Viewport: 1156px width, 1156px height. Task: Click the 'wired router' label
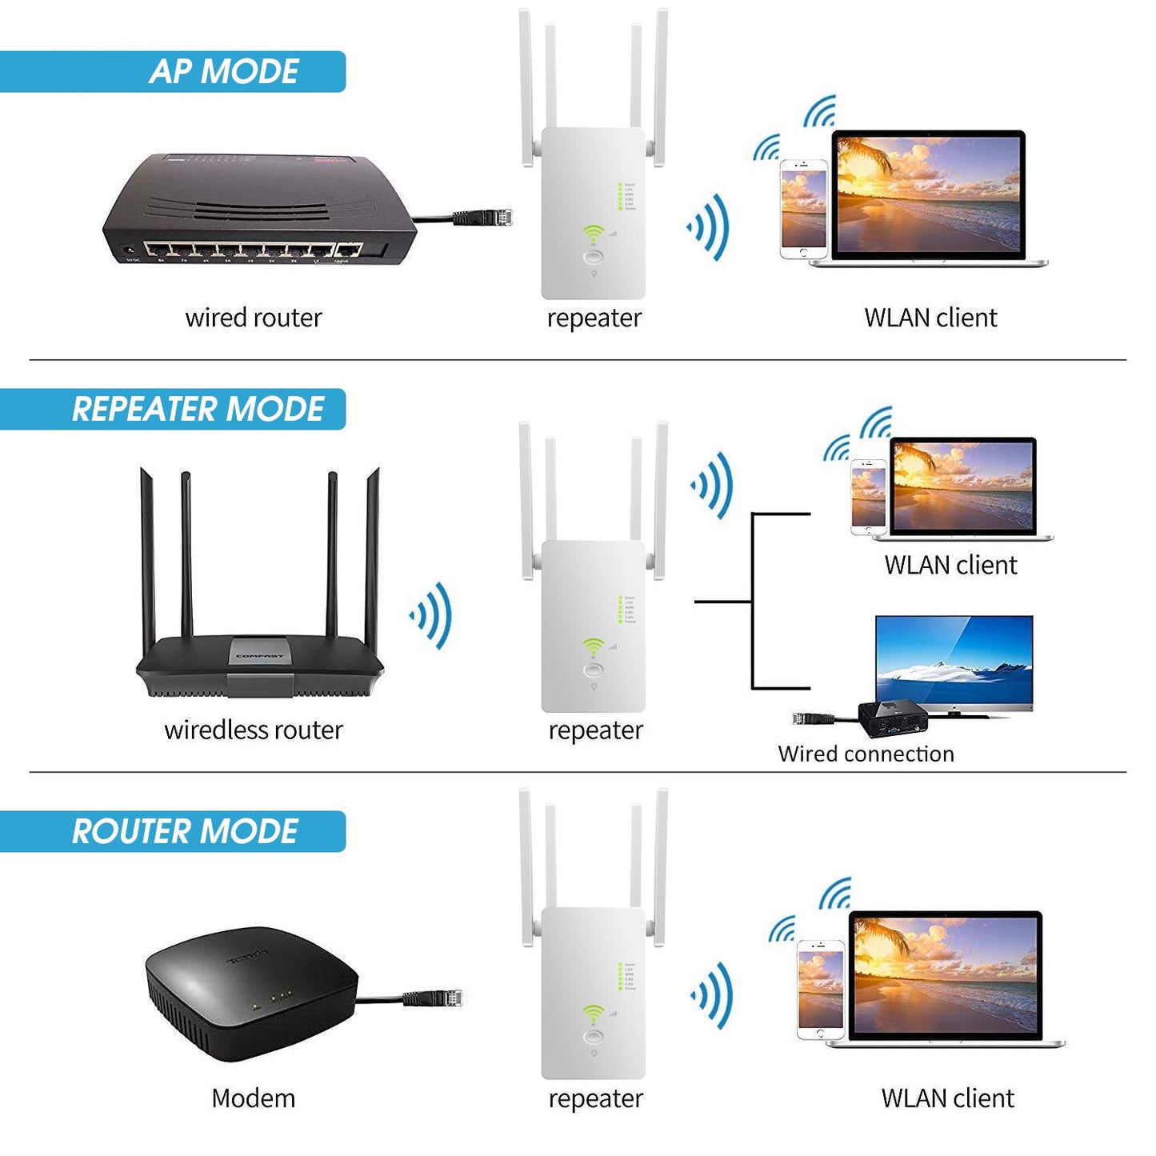pos(253,318)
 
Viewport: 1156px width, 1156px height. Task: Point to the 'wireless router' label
pos(253,730)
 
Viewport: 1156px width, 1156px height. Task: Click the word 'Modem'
pos(253,1098)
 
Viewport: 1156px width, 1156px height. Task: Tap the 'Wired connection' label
pos(866,754)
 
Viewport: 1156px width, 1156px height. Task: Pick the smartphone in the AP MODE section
pos(803,209)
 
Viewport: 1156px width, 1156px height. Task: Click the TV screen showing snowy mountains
pos(954,661)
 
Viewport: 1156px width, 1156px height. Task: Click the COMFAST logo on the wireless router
pos(259,655)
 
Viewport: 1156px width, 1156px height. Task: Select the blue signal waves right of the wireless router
pos(433,615)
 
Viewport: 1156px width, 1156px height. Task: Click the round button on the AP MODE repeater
pos(594,257)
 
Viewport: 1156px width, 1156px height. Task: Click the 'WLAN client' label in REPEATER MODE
pos(950,566)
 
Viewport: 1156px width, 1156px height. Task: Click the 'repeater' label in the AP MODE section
pos(594,318)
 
